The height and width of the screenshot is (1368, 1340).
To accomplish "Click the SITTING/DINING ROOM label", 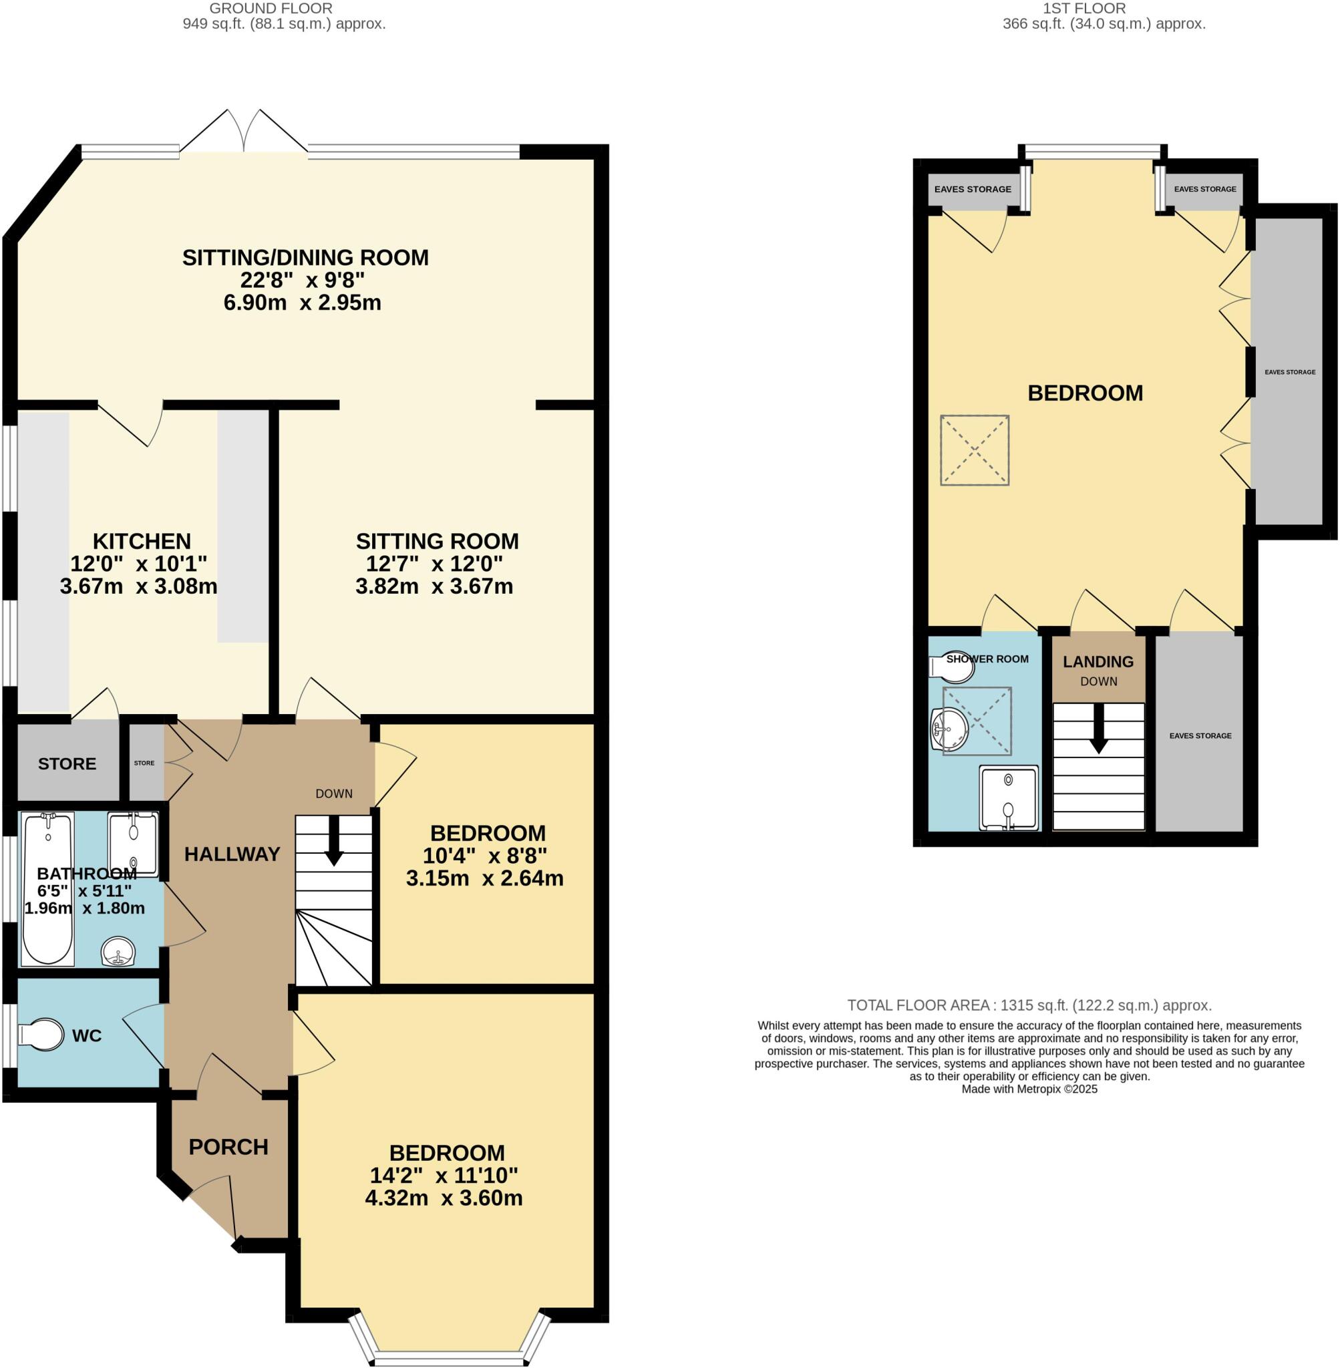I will point(305,258).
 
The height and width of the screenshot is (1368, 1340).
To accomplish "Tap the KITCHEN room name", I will point(142,541).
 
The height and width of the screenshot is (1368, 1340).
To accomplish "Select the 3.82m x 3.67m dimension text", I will point(434,586).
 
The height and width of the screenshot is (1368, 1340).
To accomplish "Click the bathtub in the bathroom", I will point(48,889).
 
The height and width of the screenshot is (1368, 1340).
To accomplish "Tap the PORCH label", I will point(228,1147).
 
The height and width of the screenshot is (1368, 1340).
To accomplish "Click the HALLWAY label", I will point(232,854).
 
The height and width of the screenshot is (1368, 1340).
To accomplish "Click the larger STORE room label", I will point(67,764).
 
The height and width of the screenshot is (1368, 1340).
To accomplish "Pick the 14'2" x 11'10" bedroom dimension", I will point(444,1175).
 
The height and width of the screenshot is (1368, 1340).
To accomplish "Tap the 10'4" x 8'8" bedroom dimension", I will point(485,856).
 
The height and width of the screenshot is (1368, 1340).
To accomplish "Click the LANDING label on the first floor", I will point(1098,661).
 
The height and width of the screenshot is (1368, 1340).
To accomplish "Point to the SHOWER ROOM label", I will point(987,659).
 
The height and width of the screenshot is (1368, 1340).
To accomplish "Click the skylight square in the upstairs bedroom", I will point(975,450).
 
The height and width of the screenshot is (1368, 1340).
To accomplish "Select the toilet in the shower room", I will point(953,667).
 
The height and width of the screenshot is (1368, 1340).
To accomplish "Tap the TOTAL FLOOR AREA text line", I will point(1029,1005).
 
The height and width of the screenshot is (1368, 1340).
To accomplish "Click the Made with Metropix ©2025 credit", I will point(1029,1089).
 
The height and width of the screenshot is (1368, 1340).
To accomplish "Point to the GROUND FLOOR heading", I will point(271,9).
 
